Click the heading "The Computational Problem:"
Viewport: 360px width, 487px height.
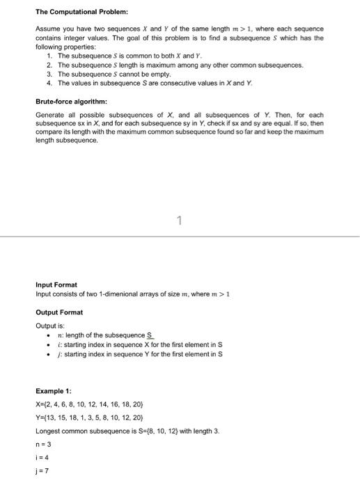pyautogui.click(x=77, y=12)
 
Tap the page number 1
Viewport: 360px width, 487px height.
pyautogui.click(x=179, y=221)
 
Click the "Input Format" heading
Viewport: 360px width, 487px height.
pyautogui.click(x=56, y=285)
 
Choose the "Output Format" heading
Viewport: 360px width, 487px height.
pyautogui.click(x=59, y=312)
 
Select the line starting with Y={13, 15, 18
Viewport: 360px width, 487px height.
pyautogui.click(x=91, y=418)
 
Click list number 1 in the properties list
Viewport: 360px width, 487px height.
pyautogui.click(x=49, y=55)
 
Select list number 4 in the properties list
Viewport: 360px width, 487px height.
pyautogui.click(x=49, y=83)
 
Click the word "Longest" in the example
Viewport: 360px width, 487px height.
pyautogui.click(x=48, y=431)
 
